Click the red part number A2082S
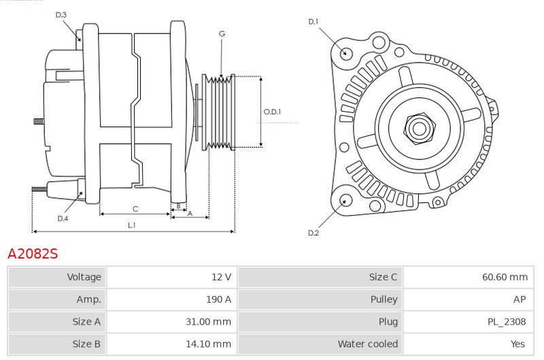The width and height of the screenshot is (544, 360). (x=33, y=254)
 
